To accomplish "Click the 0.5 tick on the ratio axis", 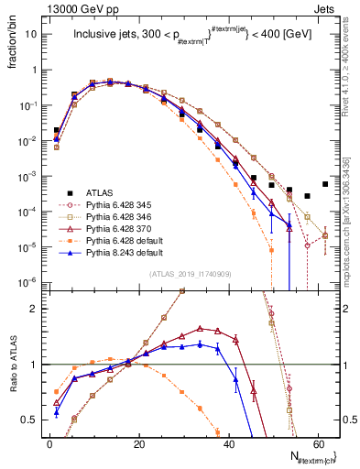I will click(31, 420).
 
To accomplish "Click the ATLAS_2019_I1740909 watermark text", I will click(191, 275).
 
